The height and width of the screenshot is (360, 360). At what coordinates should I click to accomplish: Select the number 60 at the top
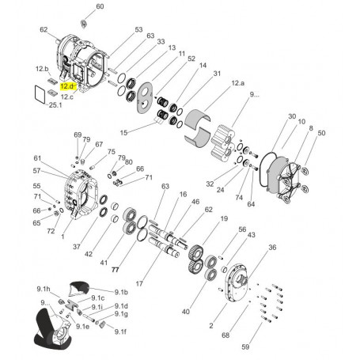pyautogui.click(x=99, y=6)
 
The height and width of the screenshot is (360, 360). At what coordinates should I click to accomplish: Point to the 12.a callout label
pyautogui.click(x=238, y=83)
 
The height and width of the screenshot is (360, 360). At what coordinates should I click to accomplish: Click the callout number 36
pyautogui.click(x=272, y=248)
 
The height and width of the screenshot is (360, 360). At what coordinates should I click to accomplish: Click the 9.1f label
pyautogui.click(x=120, y=332)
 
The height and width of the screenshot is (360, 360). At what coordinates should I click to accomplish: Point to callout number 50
pyautogui.click(x=321, y=133)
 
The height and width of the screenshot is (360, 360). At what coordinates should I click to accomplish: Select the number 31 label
pyautogui.click(x=217, y=74)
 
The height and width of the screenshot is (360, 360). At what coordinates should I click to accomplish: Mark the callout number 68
pyautogui.click(x=226, y=335)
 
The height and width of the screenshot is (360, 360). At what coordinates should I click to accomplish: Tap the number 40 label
pyautogui.click(x=185, y=312)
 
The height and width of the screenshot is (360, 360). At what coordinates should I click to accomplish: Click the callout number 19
pyautogui.click(x=224, y=218)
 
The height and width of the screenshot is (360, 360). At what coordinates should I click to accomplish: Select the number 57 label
pyautogui.click(x=36, y=170)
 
